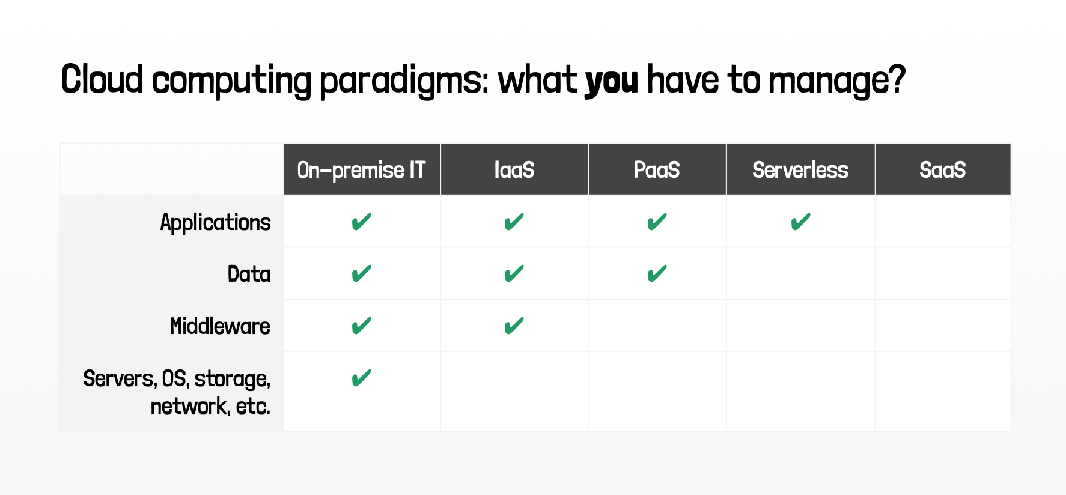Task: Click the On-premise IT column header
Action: pyautogui.click(x=361, y=170)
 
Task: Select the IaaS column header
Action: pyautogui.click(x=514, y=170)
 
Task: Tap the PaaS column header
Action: pyautogui.click(x=657, y=170)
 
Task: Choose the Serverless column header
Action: pyautogui.click(x=800, y=170)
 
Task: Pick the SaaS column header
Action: pyautogui.click(x=943, y=170)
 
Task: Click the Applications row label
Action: pyautogui.click(x=216, y=223)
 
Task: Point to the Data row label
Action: pyautogui.click(x=249, y=274)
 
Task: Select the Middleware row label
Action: pyautogui.click(x=221, y=326)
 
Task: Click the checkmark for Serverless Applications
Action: pyautogui.click(x=800, y=222)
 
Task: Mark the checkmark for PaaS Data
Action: pyautogui.click(x=657, y=274)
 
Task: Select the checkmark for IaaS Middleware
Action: pyautogui.click(x=514, y=326)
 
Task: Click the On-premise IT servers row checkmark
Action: pyautogui.click(x=361, y=378)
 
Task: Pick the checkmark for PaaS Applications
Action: pyautogui.click(x=657, y=222)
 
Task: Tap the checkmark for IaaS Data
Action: pyautogui.click(x=514, y=274)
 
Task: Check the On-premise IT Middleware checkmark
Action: pyautogui.click(x=361, y=326)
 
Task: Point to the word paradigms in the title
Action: pyautogui.click(x=404, y=81)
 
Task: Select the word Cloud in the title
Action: pyautogui.click(x=102, y=79)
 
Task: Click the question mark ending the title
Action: pyautogui.click(x=897, y=79)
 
